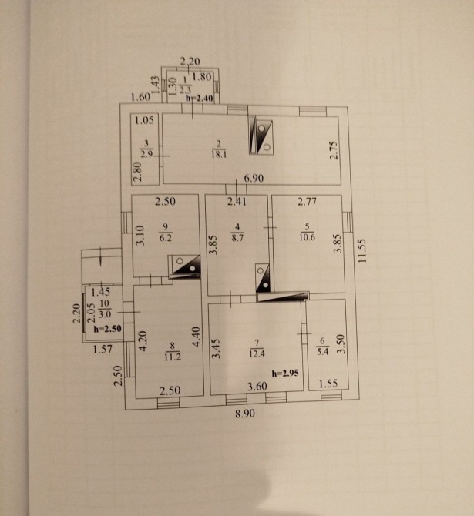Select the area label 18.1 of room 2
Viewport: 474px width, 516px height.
click(x=219, y=154)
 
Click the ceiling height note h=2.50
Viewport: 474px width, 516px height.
click(x=107, y=329)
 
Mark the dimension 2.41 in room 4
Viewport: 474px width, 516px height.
click(x=236, y=203)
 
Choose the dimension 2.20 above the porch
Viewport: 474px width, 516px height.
click(x=190, y=62)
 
